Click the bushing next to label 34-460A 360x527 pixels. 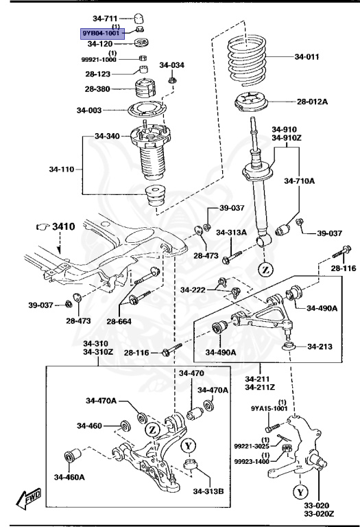(73, 456)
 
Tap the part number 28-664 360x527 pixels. (119, 320)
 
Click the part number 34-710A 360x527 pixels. (302, 180)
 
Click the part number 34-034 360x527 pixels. (172, 65)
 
